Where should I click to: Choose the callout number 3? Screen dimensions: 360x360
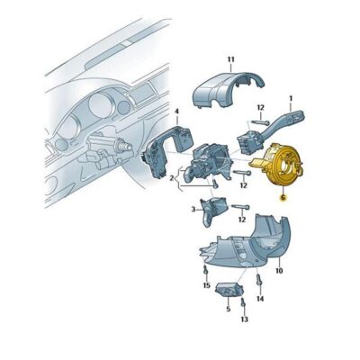(x=193, y=209)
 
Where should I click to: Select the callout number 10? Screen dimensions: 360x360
(x=279, y=270)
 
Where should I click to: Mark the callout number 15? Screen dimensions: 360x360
(x=206, y=285)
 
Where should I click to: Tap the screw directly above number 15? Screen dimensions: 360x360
(x=206, y=270)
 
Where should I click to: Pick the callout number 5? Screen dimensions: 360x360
(x=228, y=308)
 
